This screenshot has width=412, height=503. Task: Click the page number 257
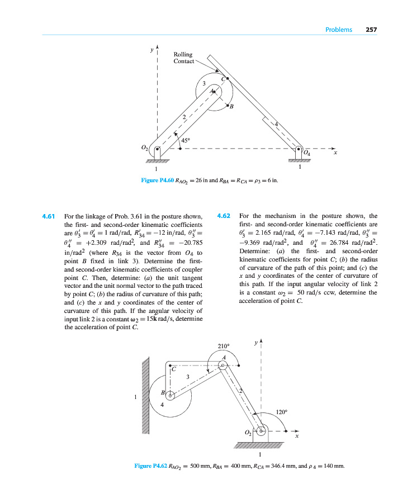[371, 30]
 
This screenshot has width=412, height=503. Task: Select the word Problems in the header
[338, 30]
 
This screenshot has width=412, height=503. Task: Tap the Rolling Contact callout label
[184, 58]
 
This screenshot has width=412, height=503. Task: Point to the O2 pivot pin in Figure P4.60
[158, 149]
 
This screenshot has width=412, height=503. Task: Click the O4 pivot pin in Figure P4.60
[299, 149]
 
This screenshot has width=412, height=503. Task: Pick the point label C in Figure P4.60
[223, 79]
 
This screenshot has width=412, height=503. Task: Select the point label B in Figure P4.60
[231, 107]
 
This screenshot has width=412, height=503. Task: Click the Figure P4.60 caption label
[157, 181]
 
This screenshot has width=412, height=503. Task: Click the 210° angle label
[224, 347]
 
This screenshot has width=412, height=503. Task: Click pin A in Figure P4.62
[222, 366]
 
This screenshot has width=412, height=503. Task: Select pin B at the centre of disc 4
[171, 395]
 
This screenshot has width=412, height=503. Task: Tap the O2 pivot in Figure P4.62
[258, 431]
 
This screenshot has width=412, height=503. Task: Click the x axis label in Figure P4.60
[335, 153]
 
